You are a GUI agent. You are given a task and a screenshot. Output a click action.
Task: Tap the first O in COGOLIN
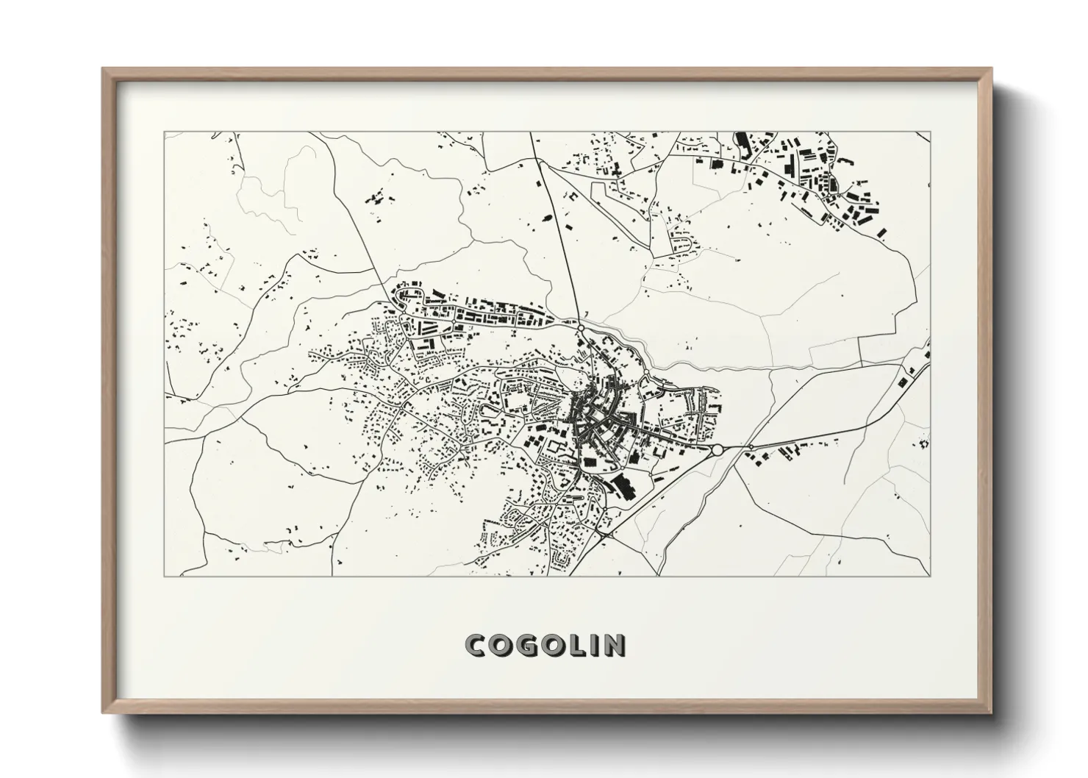pyautogui.click(x=502, y=645)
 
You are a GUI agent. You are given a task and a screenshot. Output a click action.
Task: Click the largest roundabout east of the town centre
pyautogui.click(x=717, y=449)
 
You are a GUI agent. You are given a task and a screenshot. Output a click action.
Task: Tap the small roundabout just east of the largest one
pyautogui.click(x=751, y=446)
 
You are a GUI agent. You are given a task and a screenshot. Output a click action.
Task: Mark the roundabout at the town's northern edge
pyautogui.click(x=580, y=328)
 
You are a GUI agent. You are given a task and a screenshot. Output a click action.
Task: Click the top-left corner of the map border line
pyautogui.click(x=164, y=132)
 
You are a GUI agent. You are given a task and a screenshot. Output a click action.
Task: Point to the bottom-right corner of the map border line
pyautogui.click(x=930, y=576)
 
